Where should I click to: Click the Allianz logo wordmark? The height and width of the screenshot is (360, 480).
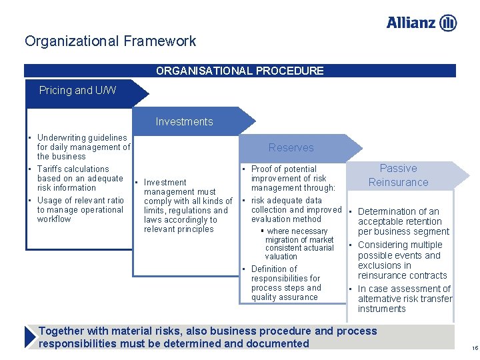pyautogui.click(x=412, y=23)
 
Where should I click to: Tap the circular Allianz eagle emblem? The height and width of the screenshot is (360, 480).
pyautogui.click(x=449, y=23)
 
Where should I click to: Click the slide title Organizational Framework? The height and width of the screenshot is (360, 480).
pyautogui.click(x=111, y=41)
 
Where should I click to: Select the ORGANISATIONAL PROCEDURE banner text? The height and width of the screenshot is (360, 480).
pyautogui.click(x=240, y=71)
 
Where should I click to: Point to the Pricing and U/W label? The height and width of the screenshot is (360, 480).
pyautogui.click(x=77, y=90)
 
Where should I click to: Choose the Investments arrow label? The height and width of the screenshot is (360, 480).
pyautogui.click(x=184, y=121)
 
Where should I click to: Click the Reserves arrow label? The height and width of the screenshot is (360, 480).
pyautogui.click(x=291, y=147)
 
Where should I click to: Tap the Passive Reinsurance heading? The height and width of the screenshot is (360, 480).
pyautogui.click(x=398, y=175)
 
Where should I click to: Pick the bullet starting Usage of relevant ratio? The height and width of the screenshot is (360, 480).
pyautogui.click(x=80, y=209)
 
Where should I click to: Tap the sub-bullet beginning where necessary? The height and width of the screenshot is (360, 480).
pyautogui.click(x=299, y=243)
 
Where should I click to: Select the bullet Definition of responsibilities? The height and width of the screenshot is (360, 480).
pyautogui.click(x=286, y=283)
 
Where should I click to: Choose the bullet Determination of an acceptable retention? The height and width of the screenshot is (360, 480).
pyautogui.click(x=403, y=221)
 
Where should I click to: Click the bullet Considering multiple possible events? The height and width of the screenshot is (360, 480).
pyautogui.click(x=401, y=260)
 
